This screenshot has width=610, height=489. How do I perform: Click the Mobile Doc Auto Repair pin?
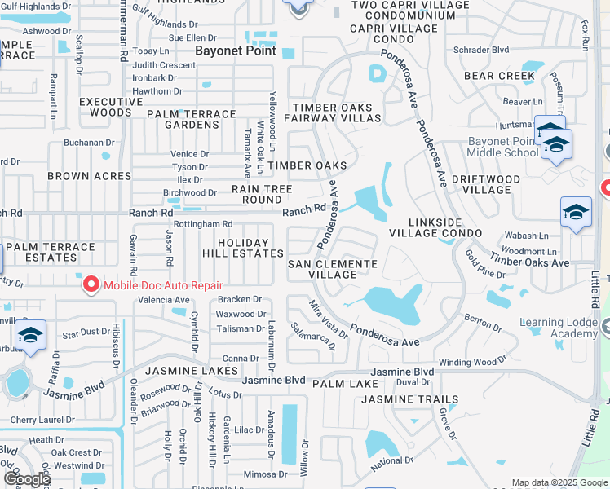click(91, 284)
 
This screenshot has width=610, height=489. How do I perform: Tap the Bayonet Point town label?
click(235, 51)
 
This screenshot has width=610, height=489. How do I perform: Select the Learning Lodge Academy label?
click(559, 328)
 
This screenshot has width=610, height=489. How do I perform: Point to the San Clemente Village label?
click(333, 269)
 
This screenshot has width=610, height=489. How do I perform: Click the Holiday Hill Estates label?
click(242, 249)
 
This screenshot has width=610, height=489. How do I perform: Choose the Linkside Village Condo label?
click(447, 227)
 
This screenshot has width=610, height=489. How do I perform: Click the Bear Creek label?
click(499, 76)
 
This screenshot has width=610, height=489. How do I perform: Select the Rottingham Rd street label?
click(203, 224)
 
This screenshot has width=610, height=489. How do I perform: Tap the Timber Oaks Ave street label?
click(529, 262)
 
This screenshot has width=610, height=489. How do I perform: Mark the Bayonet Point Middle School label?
click(503, 147)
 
